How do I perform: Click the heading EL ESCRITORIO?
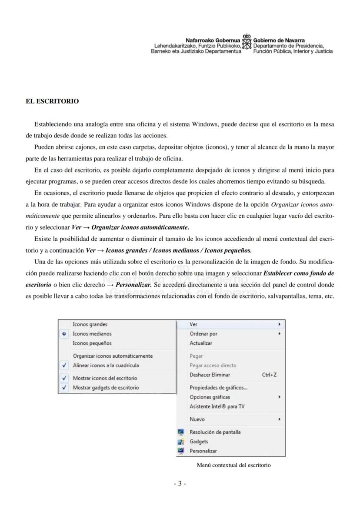tap(52, 101)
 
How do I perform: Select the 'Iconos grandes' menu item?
tap(90, 324)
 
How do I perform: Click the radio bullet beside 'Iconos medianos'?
tap(64, 334)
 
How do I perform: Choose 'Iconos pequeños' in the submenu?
tap(92, 343)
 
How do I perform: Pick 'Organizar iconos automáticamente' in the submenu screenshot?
tap(113, 356)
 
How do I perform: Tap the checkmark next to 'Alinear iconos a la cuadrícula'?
tap(64, 366)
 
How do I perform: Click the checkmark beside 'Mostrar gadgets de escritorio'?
tap(64, 388)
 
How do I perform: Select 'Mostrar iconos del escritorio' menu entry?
tap(105, 378)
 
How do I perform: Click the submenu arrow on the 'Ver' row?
tap(279, 324)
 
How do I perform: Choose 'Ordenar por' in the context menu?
tap(203, 334)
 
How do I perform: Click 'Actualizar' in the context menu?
tap(201, 343)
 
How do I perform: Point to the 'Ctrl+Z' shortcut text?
tap(270, 375)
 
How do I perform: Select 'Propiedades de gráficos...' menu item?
tap(219, 388)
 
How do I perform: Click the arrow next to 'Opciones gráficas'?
tap(279, 397)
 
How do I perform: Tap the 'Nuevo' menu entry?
tap(197, 419)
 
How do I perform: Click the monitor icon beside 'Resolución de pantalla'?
tap(181, 432)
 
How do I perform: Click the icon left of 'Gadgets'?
tap(181, 442)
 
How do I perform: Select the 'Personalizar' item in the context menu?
tap(203, 451)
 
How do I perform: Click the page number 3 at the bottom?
tap(180, 484)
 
